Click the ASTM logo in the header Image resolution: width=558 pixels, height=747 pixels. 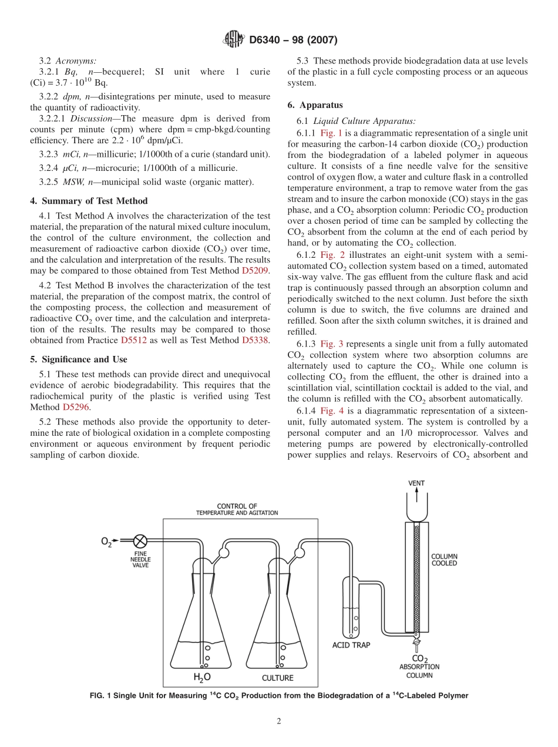tap(234, 40)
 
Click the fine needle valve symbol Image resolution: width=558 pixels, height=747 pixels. tap(140, 541)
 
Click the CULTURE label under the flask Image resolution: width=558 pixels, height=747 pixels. tap(277, 678)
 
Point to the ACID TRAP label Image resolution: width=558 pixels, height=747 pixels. tap(351, 645)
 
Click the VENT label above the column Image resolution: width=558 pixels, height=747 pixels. tap(416, 483)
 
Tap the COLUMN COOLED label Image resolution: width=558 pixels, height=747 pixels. tap(445, 560)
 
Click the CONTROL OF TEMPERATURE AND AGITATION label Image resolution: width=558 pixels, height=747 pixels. tap(237, 509)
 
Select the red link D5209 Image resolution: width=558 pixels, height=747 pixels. tap(255, 271)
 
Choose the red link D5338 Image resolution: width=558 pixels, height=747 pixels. tap(255, 340)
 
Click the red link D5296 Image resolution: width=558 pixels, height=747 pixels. tap(76, 406)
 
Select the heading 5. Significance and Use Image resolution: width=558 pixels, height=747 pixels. tap(78, 359)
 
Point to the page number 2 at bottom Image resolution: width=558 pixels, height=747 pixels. tap(279, 721)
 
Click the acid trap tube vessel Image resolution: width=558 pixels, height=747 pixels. tap(351, 611)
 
